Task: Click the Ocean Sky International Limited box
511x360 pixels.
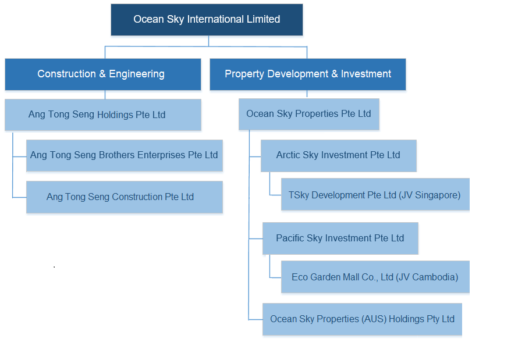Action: pyautogui.click(x=207, y=20)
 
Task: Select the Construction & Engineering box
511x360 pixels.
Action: pyautogui.click(x=103, y=74)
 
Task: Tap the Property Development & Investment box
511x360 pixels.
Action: pyautogui.click(x=308, y=74)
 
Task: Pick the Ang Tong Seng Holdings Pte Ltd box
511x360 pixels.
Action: pyautogui.click(x=103, y=115)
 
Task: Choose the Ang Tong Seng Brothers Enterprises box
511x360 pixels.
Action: pyautogui.click(x=125, y=155)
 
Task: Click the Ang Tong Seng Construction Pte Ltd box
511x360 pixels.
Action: pyautogui.click(x=125, y=197)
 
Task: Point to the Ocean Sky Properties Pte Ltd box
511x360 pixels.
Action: pyautogui.click(x=309, y=114)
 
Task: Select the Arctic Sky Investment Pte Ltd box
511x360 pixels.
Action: pyautogui.click(x=339, y=156)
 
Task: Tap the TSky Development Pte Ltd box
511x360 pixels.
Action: pyautogui.click(x=375, y=194)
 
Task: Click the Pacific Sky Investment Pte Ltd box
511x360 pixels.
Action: pyautogui.click(x=340, y=238)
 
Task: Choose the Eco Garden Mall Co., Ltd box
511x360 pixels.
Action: pyautogui.click(x=375, y=277)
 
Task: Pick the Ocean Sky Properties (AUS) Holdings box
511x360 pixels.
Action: pyautogui.click(x=362, y=319)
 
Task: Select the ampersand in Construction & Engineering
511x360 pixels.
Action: pyautogui.click(x=102, y=74)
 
